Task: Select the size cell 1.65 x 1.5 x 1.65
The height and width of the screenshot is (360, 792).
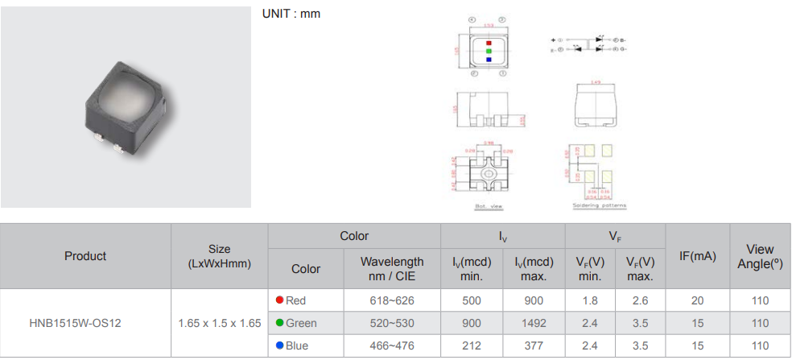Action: (219, 323)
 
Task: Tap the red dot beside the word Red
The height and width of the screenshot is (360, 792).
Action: (279, 300)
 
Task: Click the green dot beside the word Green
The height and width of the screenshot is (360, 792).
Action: (279, 323)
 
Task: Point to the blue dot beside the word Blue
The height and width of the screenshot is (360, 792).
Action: (279, 346)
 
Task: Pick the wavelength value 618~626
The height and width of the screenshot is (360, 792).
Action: (392, 300)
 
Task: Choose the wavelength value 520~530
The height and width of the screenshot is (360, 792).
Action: (392, 323)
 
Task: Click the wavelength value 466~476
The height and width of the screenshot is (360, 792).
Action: (392, 346)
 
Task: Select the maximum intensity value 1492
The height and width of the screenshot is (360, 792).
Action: (534, 323)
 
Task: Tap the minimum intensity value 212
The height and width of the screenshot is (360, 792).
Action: (472, 346)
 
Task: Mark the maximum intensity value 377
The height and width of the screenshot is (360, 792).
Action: (534, 346)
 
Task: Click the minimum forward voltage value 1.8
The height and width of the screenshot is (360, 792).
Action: (590, 300)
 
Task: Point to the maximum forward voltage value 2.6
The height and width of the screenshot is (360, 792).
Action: (640, 300)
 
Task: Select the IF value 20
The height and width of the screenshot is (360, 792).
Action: (697, 300)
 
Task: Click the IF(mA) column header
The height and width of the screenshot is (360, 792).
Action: (697, 256)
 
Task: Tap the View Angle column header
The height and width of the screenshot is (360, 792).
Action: (760, 256)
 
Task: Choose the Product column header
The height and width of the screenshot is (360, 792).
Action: (85, 256)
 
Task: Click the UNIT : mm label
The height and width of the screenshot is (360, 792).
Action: (291, 14)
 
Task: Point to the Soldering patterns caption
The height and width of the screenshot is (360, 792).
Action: (599, 205)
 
